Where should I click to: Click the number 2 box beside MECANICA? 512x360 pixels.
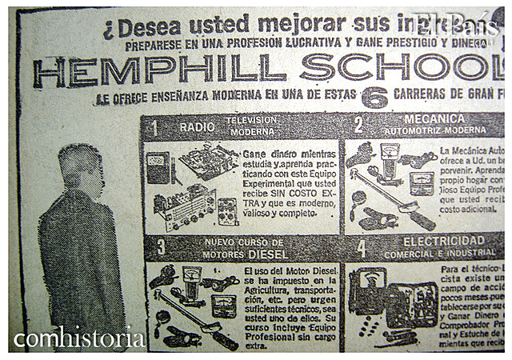pos(358,125)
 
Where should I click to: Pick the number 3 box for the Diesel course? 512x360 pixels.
pos(160,246)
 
